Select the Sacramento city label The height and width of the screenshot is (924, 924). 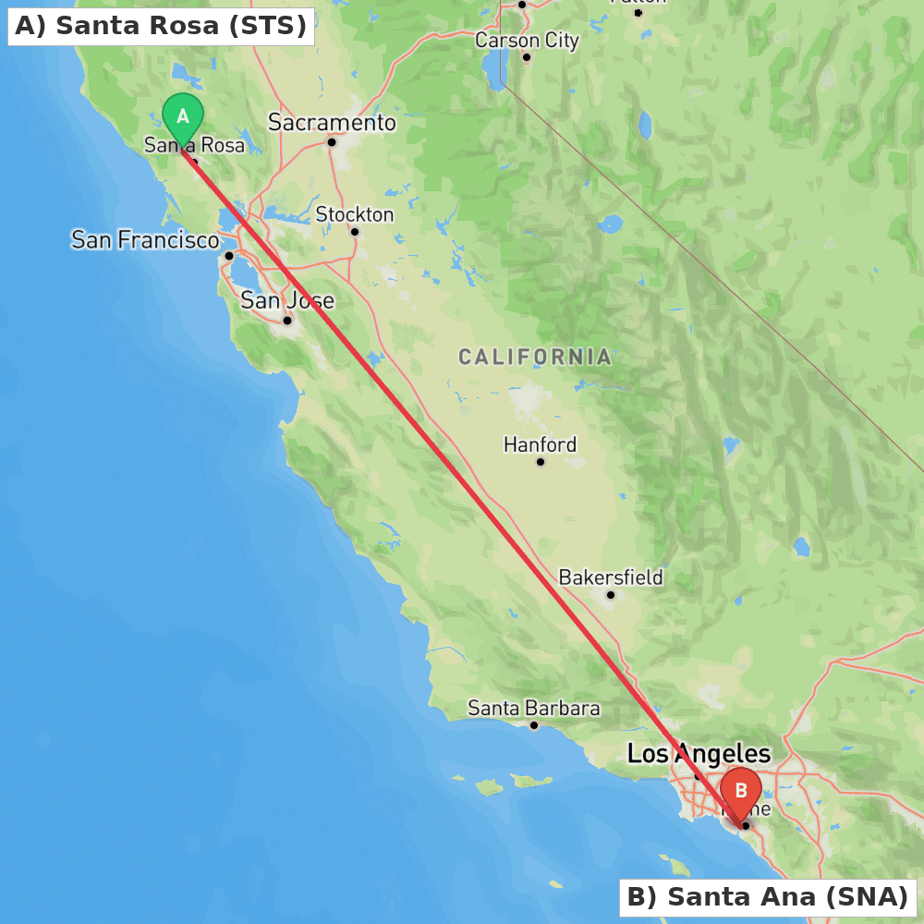point(332,123)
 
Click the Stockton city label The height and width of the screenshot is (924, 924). point(355,214)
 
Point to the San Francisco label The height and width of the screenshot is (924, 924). point(145,240)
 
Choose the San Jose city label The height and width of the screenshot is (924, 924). point(287,300)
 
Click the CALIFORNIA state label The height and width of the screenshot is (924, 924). point(535,357)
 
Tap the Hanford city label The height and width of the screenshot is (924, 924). point(540,444)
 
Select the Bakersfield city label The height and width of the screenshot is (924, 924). point(611,577)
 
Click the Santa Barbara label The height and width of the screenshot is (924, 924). point(534,709)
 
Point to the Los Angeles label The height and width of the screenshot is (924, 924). point(699,754)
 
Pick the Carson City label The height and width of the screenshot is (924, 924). point(527,41)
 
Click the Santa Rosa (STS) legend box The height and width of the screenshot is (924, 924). point(161,26)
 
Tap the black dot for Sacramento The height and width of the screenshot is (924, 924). point(332,142)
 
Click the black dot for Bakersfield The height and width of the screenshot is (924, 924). point(611,595)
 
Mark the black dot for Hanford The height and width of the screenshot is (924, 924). point(541,462)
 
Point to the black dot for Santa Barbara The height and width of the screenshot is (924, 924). point(534,725)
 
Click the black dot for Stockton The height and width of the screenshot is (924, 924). point(355,232)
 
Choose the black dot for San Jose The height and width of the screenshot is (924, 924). point(287,321)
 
